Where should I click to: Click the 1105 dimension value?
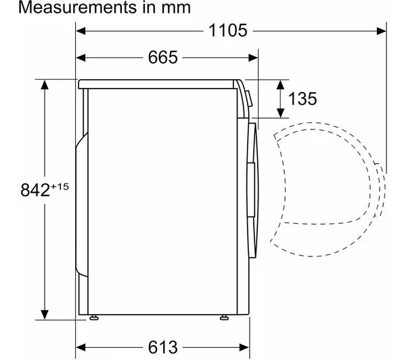pos(228,30)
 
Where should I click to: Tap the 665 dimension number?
pos(163,58)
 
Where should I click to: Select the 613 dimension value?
pos(163,347)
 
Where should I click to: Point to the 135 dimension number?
pos(302,99)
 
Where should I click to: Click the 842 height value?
pos(35,190)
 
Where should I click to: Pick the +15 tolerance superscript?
pos(60,187)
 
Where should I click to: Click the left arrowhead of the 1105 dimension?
pos(81,31)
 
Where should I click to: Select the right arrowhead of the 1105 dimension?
pos(382,31)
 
